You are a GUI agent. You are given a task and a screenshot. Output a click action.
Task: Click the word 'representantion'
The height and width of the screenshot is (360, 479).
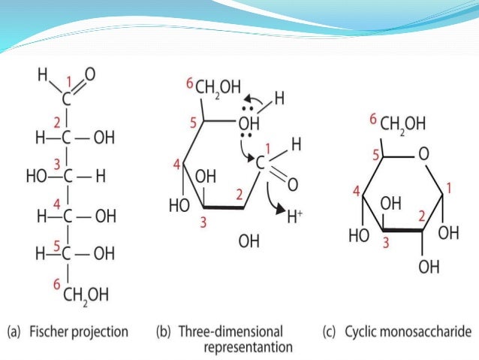click(248, 347)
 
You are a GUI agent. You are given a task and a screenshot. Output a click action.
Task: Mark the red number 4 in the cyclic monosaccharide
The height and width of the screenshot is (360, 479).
click(356, 193)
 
